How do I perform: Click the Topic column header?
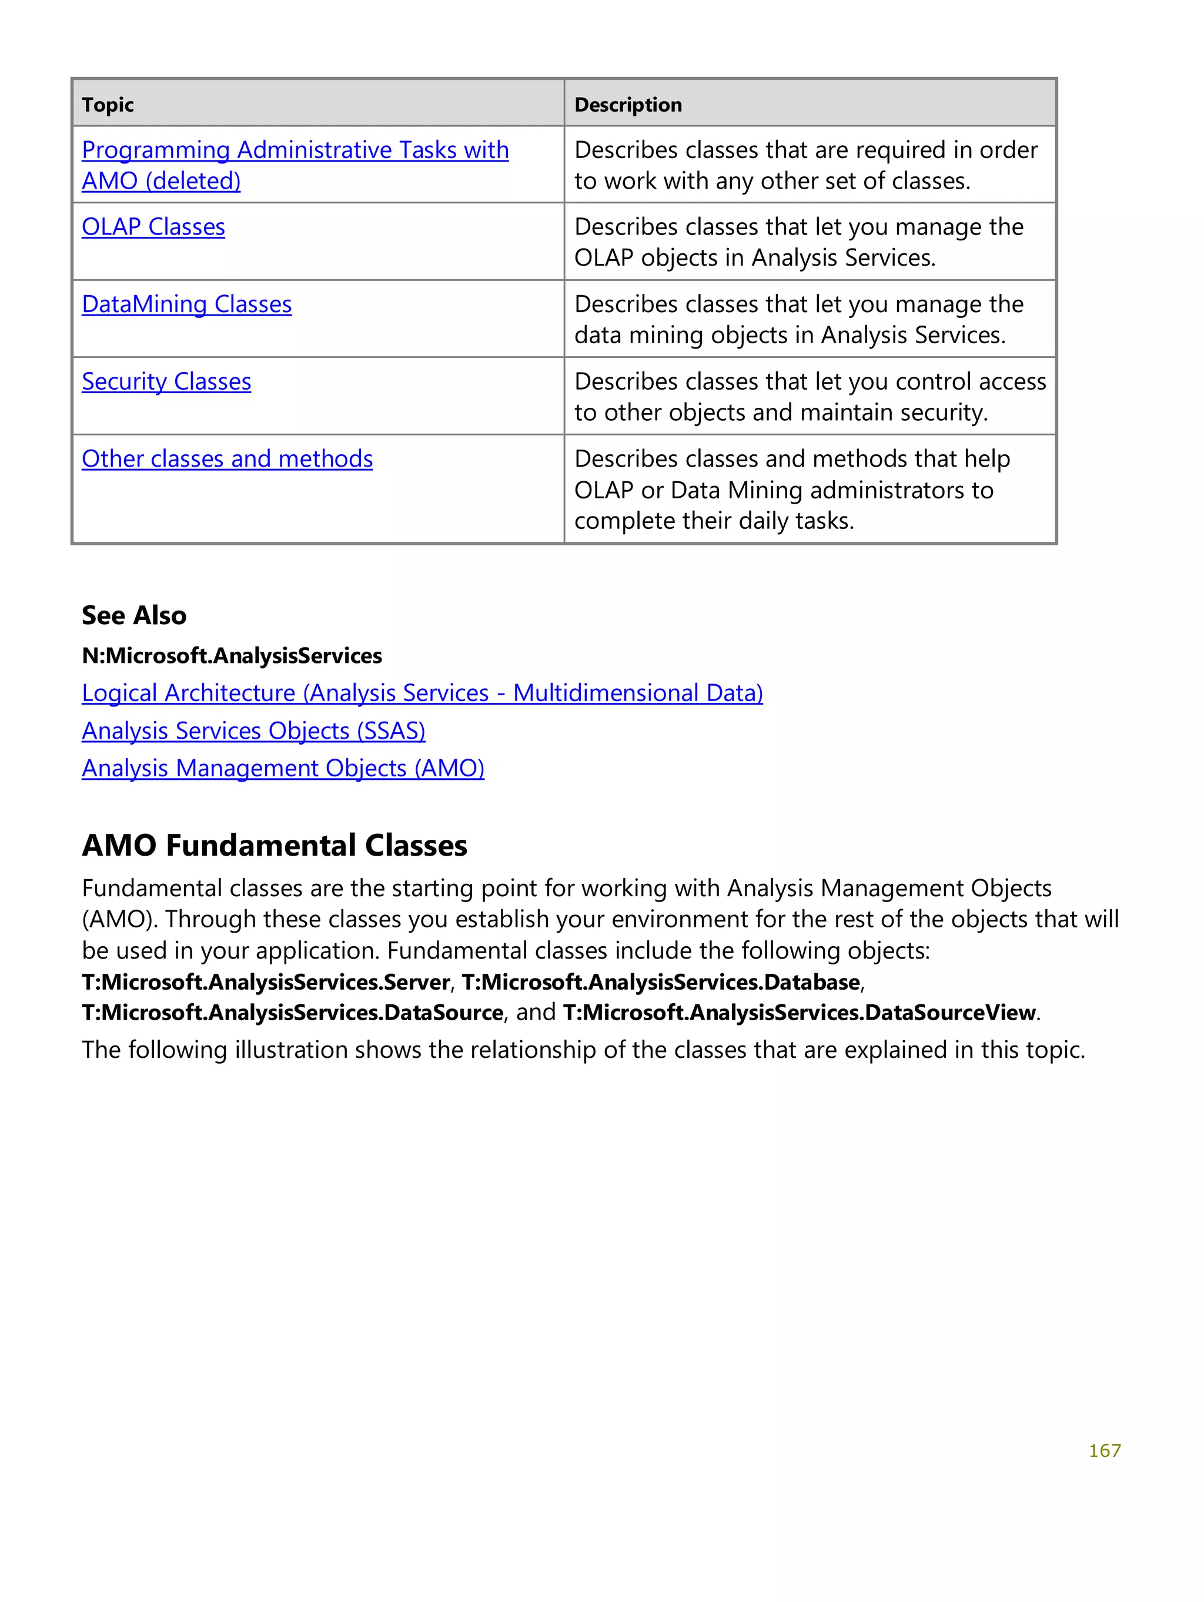click(108, 105)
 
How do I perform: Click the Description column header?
click(627, 105)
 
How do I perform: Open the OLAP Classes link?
click(153, 227)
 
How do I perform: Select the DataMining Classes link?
click(186, 304)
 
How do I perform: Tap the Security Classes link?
click(166, 381)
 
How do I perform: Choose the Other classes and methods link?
click(227, 459)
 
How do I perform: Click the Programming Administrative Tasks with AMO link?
click(295, 150)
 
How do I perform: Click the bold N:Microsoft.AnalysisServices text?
click(231, 655)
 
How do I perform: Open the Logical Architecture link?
click(422, 693)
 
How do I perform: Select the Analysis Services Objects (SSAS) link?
click(253, 730)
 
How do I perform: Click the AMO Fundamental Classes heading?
click(274, 845)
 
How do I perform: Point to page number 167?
click(1104, 1450)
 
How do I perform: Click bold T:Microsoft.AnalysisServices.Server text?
click(266, 982)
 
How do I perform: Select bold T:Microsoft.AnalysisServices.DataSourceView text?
click(799, 1013)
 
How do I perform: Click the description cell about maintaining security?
click(809, 397)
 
